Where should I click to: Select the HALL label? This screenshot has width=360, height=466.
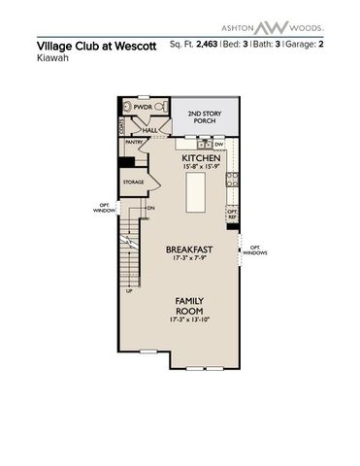pos(150,128)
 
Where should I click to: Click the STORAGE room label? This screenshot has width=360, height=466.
pos(133,182)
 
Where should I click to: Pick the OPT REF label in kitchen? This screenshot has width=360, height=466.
pos(232,213)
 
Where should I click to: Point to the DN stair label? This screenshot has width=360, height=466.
pos(150,208)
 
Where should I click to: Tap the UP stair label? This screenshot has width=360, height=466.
pos(129,289)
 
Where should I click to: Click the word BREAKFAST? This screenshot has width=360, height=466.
pos(189,249)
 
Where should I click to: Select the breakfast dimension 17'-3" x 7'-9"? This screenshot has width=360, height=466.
pos(189,258)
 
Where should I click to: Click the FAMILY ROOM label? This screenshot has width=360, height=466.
pos(189,307)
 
